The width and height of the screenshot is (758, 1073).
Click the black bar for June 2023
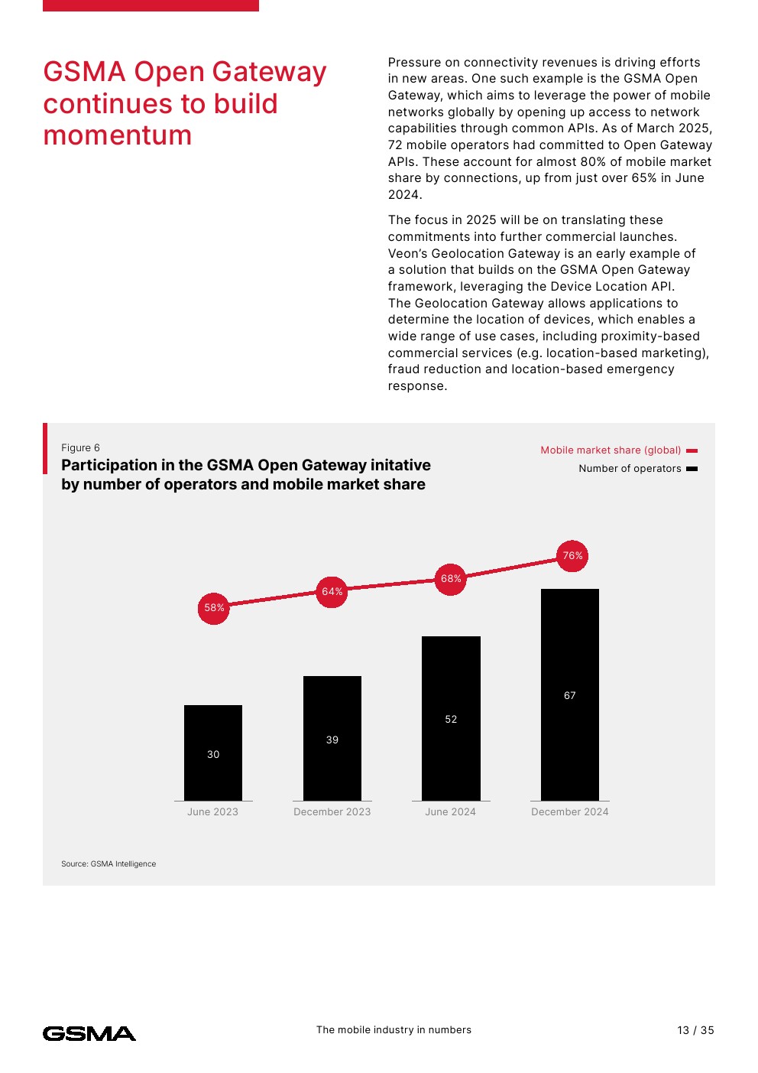coord(213,753)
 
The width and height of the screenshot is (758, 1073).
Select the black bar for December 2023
coord(332,738)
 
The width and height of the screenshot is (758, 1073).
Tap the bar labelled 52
coord(451,718)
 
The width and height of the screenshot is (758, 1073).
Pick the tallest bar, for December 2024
coord(570,694)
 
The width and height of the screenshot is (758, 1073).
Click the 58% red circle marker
coord(214,608)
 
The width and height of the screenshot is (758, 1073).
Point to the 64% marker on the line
coord(332,592)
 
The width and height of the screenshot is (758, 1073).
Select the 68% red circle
coord(451,579)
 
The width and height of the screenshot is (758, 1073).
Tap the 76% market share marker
coord(572,556)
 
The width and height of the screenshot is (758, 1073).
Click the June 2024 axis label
coord(450,812)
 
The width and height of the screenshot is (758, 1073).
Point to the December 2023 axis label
coord(332,812)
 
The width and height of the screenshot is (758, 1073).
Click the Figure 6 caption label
coord(80,448)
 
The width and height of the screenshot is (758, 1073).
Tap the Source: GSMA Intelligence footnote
coord(109,864)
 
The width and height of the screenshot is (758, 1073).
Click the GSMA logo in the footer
coord(89,1034)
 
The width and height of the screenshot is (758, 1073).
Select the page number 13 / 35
coord(695,1031)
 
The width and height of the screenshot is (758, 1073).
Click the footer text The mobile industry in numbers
coord(394,1030)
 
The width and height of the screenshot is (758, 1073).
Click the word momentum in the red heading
coord(118,135)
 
